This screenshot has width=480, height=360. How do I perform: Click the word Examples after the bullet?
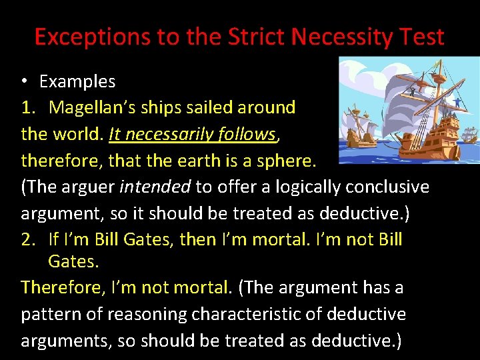(77, 82)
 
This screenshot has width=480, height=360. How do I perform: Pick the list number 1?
(28, 107)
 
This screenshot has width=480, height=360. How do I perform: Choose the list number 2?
(28, 239)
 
